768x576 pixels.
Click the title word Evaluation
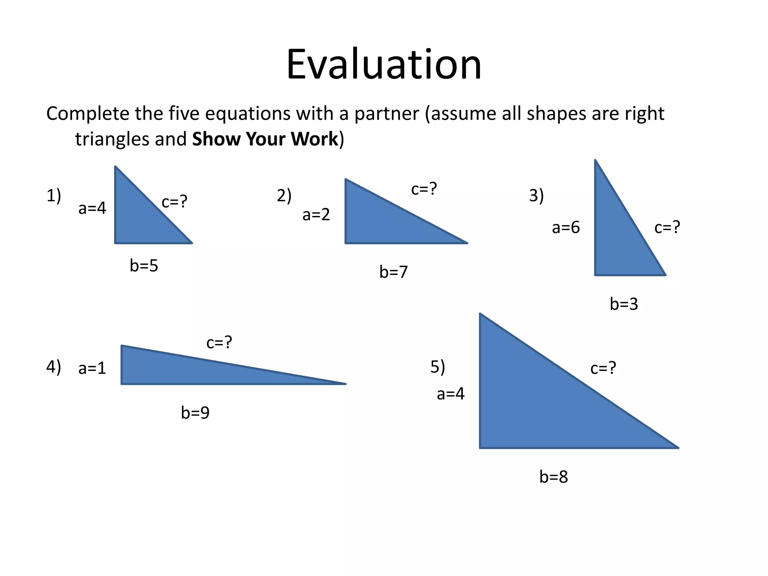(384, 64)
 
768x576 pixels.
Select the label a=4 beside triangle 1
(92, 208)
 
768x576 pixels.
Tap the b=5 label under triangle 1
(144, 266)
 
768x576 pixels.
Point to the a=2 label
(316, 214)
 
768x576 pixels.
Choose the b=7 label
(393, 272)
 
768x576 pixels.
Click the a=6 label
(565, 228)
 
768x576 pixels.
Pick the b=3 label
(624, 304)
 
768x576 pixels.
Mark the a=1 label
(92, 368)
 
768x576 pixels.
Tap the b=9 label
(195, 413)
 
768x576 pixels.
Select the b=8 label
(553, 477)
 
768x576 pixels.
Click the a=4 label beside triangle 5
(450, 394)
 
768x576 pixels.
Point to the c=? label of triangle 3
(667, 227)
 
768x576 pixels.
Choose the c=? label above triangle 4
(219, 342)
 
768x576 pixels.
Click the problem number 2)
(284, 196)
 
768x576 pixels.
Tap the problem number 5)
(438, 367)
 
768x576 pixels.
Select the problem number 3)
(536, 196)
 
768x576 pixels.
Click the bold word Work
(315, 139)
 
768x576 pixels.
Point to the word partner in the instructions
(387, 114)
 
